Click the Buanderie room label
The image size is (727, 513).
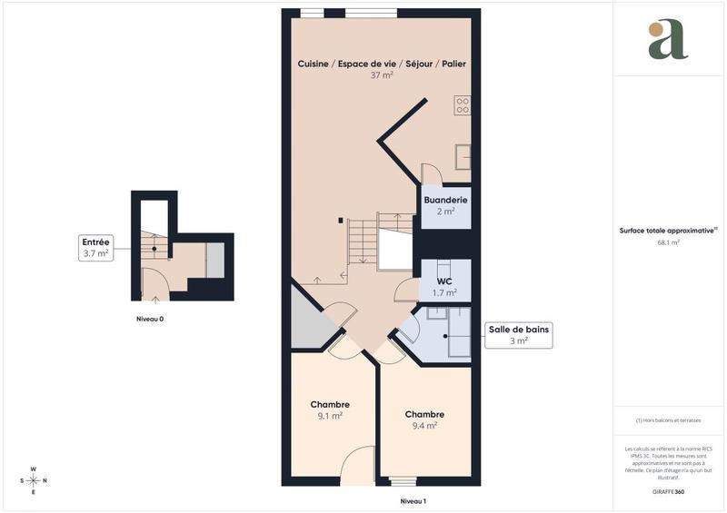(x=445, y=200)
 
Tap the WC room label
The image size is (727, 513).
(x=444, y=281)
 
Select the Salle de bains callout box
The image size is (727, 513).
(x=519, y=334)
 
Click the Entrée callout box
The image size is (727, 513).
(x=95, y=248)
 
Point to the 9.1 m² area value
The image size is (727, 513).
(x=329, y=416)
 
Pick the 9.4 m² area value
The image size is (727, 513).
(x=424, y=425)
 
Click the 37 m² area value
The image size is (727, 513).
(x=382, y=75)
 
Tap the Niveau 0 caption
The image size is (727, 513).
(x=150, y=319)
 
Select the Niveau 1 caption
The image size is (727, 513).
(x=413, y=501)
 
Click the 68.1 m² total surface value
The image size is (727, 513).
(x=668, y=242)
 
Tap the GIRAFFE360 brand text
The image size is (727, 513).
(x=668, y=490)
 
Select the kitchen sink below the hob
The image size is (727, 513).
(x=463, y=156)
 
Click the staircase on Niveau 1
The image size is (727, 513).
(x=363, y=242)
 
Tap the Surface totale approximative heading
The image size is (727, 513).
(x=668, y=231)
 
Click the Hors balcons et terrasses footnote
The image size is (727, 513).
(x=668, y=419)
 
